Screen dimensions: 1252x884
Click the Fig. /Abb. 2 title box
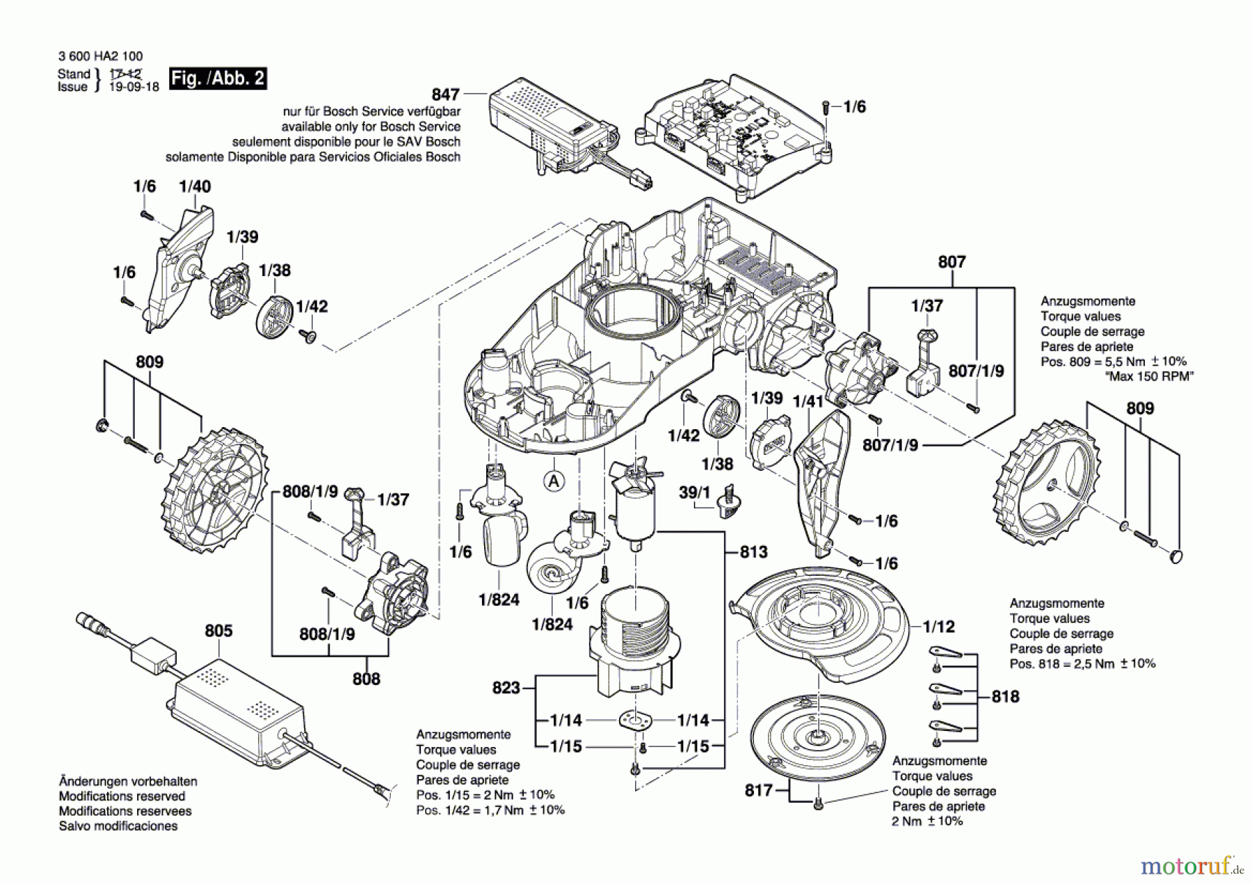click(x=218, y=78)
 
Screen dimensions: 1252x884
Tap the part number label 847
click(x=446, y=94)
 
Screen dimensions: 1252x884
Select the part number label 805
click(x=218, y=631)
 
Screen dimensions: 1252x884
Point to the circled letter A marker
click(x=554, y=481)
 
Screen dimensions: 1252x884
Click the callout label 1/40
click(x=195, y=186)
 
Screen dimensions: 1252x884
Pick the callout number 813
click(x=753, y=552)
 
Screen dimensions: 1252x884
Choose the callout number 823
click(x=506, y=688)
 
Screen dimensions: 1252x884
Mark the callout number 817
click(x=759, y=790)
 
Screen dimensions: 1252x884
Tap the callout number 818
click(x=1005, y=696)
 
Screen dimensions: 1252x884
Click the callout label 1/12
click(x=939, y=627)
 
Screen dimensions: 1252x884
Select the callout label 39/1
click(x=694, y=492)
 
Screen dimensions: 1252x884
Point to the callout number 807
click(x=952, y=262)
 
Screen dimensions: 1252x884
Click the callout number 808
click(x=367, y=679)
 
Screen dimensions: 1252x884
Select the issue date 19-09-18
click(x=134, y=87)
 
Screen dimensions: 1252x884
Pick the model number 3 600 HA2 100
click(x=101, y=56)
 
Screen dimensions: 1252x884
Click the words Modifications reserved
click(x=122, y=796)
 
